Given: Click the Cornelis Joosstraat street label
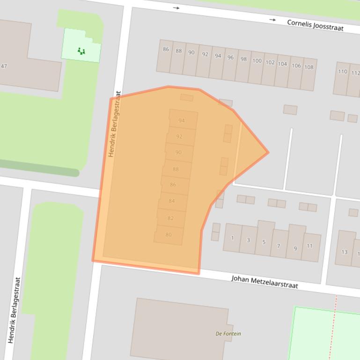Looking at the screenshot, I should (x=315, y=25).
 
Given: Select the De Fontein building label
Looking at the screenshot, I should (x=228, y=333).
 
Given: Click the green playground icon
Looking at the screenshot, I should (x=81, y=50).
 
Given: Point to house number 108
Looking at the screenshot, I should (x=309, y=67).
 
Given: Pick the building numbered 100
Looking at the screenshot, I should (x=257, y=61).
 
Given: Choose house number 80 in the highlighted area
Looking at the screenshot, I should (x=169, y=235).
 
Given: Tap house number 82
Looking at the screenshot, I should (x=170, y=218).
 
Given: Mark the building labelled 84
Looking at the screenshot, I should (x=172, y=201).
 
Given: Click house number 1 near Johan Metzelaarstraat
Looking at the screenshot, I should (x=232, y=238).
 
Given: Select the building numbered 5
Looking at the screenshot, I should (x=264, y=242).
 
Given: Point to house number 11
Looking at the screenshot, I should (x=310, y=246).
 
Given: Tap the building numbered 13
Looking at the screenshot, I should (x=344, y=252).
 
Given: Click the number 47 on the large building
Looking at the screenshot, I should (x=4, y=66).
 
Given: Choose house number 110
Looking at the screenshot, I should (x=343, y=72).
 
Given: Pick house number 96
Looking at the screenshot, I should (x=230, y=58).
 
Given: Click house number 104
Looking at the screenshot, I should (x=282, y=64).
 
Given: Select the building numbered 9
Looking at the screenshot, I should (x=295, y=248).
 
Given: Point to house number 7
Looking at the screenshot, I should (x=279, y=246).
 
